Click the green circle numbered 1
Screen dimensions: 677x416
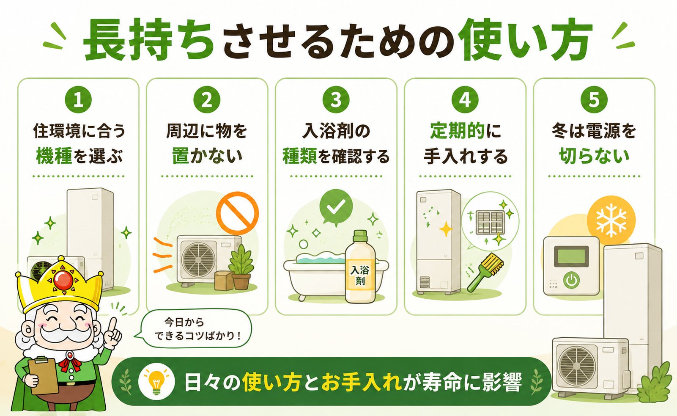(x=78, y=100)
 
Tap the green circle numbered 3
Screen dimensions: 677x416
(x=336, y=100)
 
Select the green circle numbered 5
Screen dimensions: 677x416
(x=594, y=100)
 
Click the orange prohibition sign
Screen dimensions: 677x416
(x=238, y=213)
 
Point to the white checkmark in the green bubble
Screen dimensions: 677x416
(x=336, y=207)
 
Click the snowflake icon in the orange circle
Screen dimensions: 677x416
(x=611, y=220)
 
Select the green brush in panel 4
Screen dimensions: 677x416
(x=485, y=272)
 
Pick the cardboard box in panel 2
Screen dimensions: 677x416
(x=224, y=281)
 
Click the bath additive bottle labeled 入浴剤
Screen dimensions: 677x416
(x=360, y=267)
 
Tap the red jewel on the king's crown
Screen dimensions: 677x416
(x=63, y=280)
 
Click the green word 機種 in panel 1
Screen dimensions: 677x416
(x=54, y=157)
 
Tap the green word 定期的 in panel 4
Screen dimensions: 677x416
(x=457, y=131)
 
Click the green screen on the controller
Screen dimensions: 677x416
(x=571, y=256)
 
